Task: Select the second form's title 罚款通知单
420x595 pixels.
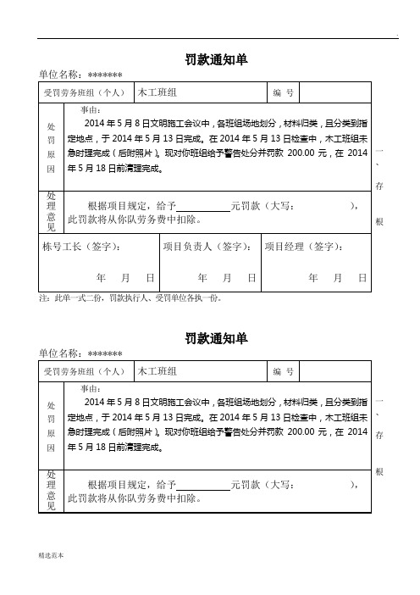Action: [x=216, y=338]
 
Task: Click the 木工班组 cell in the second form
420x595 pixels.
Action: [x=157, y=371]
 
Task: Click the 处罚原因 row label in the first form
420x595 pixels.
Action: [x=51, y=145]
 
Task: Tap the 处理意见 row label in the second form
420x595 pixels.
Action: [x=51, y=491]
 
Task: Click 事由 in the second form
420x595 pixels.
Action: [x=91, y=388]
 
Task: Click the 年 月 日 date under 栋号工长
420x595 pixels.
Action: [x=125, y=278]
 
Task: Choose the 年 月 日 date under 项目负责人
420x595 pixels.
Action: [x=226, y=278]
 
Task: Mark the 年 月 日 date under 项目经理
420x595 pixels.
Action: [x=337, y=278]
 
